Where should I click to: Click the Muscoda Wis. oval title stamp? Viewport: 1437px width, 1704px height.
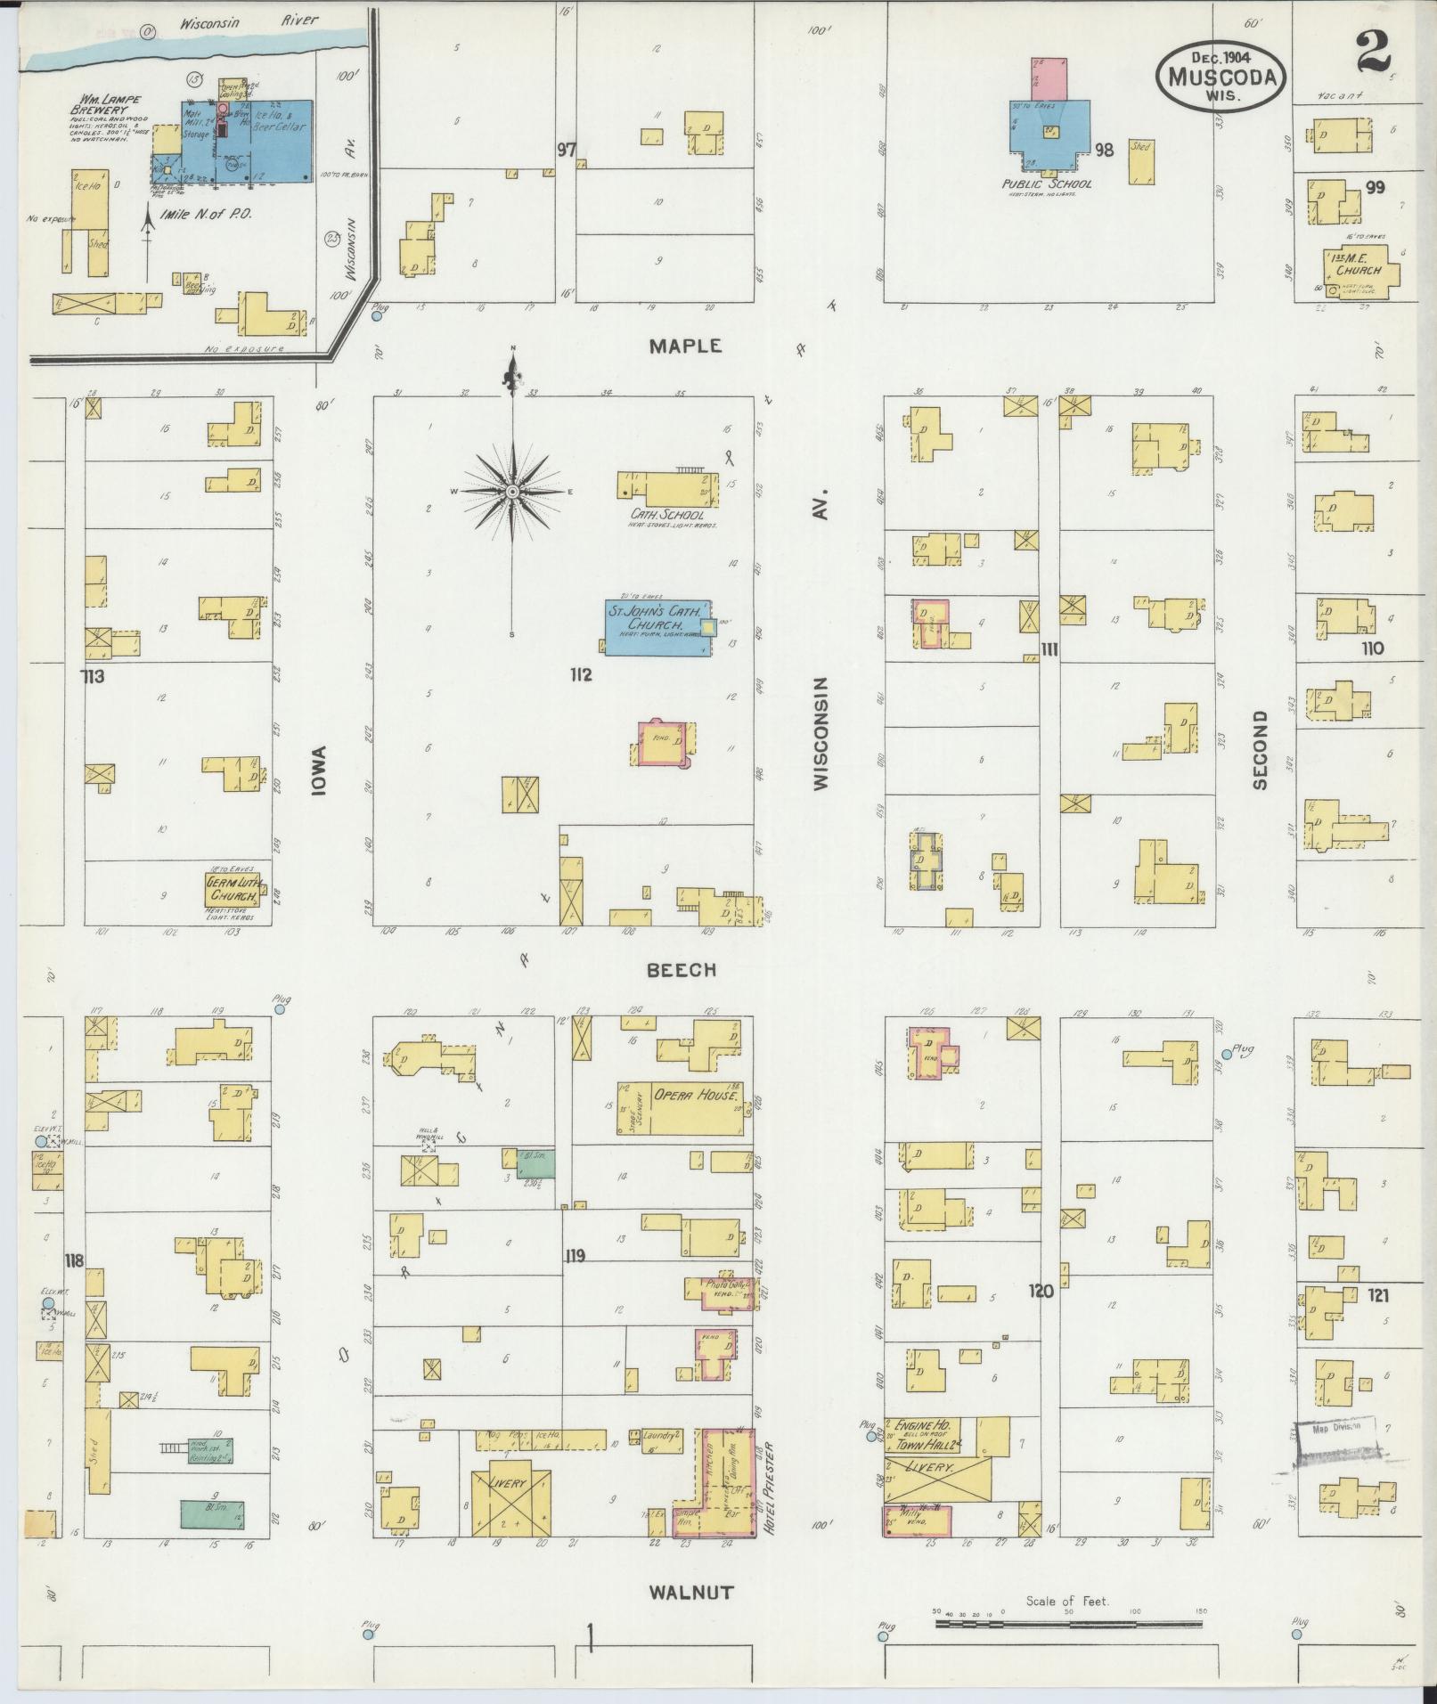(1221, 77)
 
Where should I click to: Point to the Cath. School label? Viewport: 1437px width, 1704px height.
(666, 514)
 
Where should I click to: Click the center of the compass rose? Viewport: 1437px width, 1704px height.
(512, 491)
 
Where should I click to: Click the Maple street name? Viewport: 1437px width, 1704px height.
(684, 347)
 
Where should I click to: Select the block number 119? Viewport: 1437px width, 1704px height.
(575, 1255)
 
